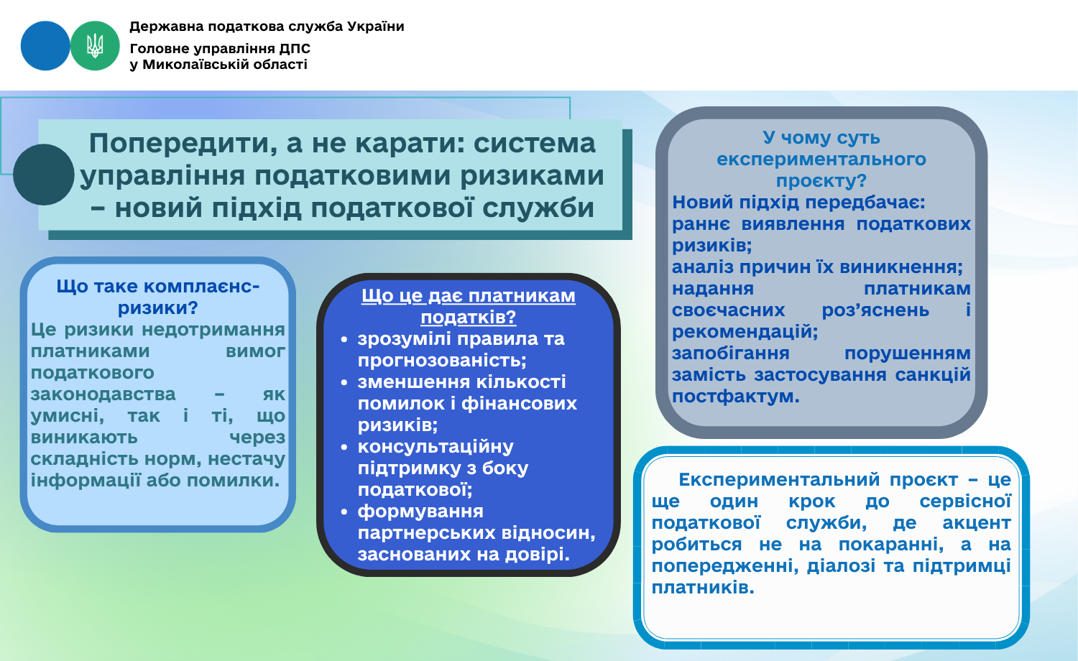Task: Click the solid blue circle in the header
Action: pos(45,46)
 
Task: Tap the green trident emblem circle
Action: pos(95,46)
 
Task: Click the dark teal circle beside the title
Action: pos(44,175)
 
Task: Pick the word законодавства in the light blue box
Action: pos(103,394)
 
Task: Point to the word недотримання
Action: pos(213,330)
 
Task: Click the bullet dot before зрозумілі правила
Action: pos(344,339)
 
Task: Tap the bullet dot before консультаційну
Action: pos(344,447)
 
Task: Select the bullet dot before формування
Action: pos(344,512)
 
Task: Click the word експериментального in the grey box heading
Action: pos(821,160)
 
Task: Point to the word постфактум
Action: pos(735,397)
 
